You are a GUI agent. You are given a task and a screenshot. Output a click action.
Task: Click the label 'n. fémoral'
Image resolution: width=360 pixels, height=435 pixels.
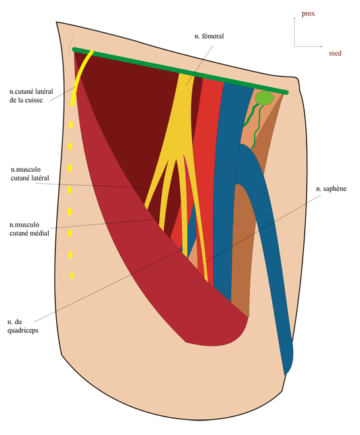pyautogui.click(x=209, y=36)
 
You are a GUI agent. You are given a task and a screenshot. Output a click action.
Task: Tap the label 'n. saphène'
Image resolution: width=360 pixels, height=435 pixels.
pyautogui.click(x=331, y=188)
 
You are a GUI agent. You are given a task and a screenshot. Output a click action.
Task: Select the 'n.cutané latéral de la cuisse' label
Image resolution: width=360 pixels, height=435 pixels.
pyautogui.click(x=31, y=96)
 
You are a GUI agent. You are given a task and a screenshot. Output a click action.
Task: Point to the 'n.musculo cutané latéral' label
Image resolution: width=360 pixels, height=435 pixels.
pyautogui.click(x=30, y=174)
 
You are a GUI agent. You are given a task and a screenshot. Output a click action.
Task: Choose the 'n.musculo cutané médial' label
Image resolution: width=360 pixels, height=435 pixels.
pyautogui.click(x=29, y=229)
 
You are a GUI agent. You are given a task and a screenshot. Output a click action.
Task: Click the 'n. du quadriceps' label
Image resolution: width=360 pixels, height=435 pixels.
pyautogui.click(x=22, y=326)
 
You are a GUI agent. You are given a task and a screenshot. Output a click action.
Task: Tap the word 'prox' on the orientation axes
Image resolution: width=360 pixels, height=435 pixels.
pyautogui.click(x=308, y=14)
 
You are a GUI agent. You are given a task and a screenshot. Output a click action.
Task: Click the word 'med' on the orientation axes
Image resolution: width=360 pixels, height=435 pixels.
pyautogui.click(x=335, y=53)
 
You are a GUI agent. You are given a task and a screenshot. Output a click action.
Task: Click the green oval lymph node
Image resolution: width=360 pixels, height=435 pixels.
pyautogui.click(x=264, y=99)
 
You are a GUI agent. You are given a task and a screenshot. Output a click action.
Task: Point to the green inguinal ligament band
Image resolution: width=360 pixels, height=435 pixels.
pyautogui.click(x=180, y=71)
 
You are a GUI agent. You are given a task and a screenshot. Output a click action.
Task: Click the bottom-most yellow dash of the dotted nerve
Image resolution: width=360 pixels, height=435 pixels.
pyautogui.click(x=72, y=276)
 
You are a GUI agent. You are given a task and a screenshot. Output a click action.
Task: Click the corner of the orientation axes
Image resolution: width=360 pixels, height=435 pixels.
pyautogui.click(x=295, y=46)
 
